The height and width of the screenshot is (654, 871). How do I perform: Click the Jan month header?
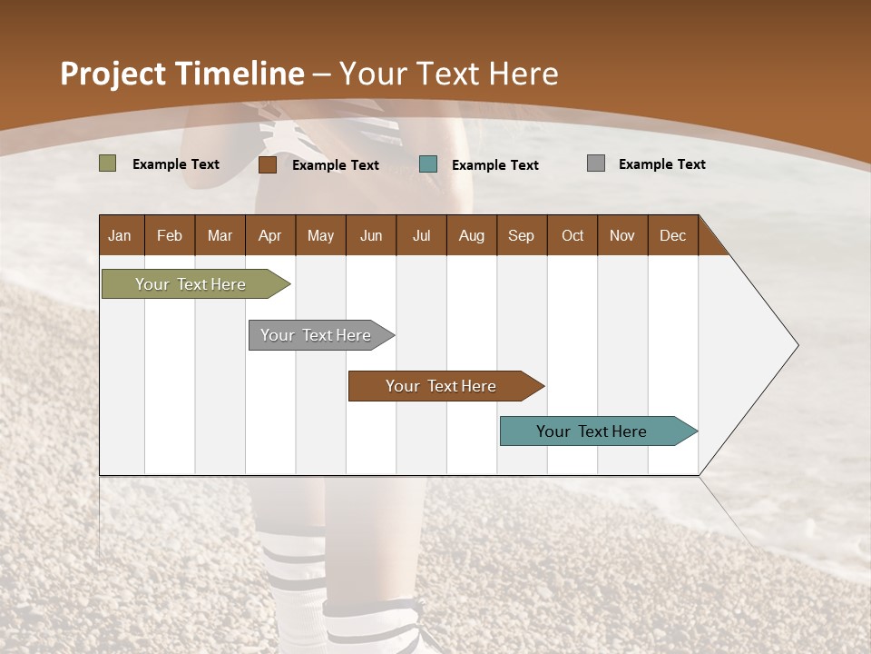pyautogui.click(x=120, y=235)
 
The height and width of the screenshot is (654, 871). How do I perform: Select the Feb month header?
pyautogui.click(x=170, y=235)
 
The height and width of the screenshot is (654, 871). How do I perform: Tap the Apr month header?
pyautogui.click(x=269, y=235)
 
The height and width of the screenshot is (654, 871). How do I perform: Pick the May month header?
pyautogui.click(x=320, y=235)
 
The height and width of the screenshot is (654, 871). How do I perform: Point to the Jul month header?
pyautogui.click(x=421, y=235)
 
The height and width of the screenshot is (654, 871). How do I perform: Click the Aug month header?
pyautogui.click(x=471, y=235)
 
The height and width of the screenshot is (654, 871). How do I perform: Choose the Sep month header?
pyautogui.click(x=521, y=235)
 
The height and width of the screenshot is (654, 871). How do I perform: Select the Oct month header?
pyautogui.click(x=573, y=235)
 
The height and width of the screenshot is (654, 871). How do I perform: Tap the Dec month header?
pyautogui.click(x=672, y=235)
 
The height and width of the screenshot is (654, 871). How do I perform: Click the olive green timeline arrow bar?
pyautogui.click(x=191, y=284)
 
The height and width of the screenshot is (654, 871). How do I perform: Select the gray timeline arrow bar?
pyautogui.click(x=316, y=335)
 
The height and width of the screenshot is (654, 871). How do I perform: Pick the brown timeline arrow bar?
pyautogui.click(x=441, y=386)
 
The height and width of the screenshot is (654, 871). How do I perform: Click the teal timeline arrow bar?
pyautogui.click(x=592, y=431)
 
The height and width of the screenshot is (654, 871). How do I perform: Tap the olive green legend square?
pyautogui.click(x=107, y=163)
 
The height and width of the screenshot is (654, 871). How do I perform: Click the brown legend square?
pyautogui.click(x=267, y=164)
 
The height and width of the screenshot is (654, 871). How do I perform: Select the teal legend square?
pyautogui.click(x=428, y=164)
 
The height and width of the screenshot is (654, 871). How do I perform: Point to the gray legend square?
pyautogui.click(x=596, y=163)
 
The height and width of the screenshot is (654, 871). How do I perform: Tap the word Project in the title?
pyautogui.click(x=112, y=74)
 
